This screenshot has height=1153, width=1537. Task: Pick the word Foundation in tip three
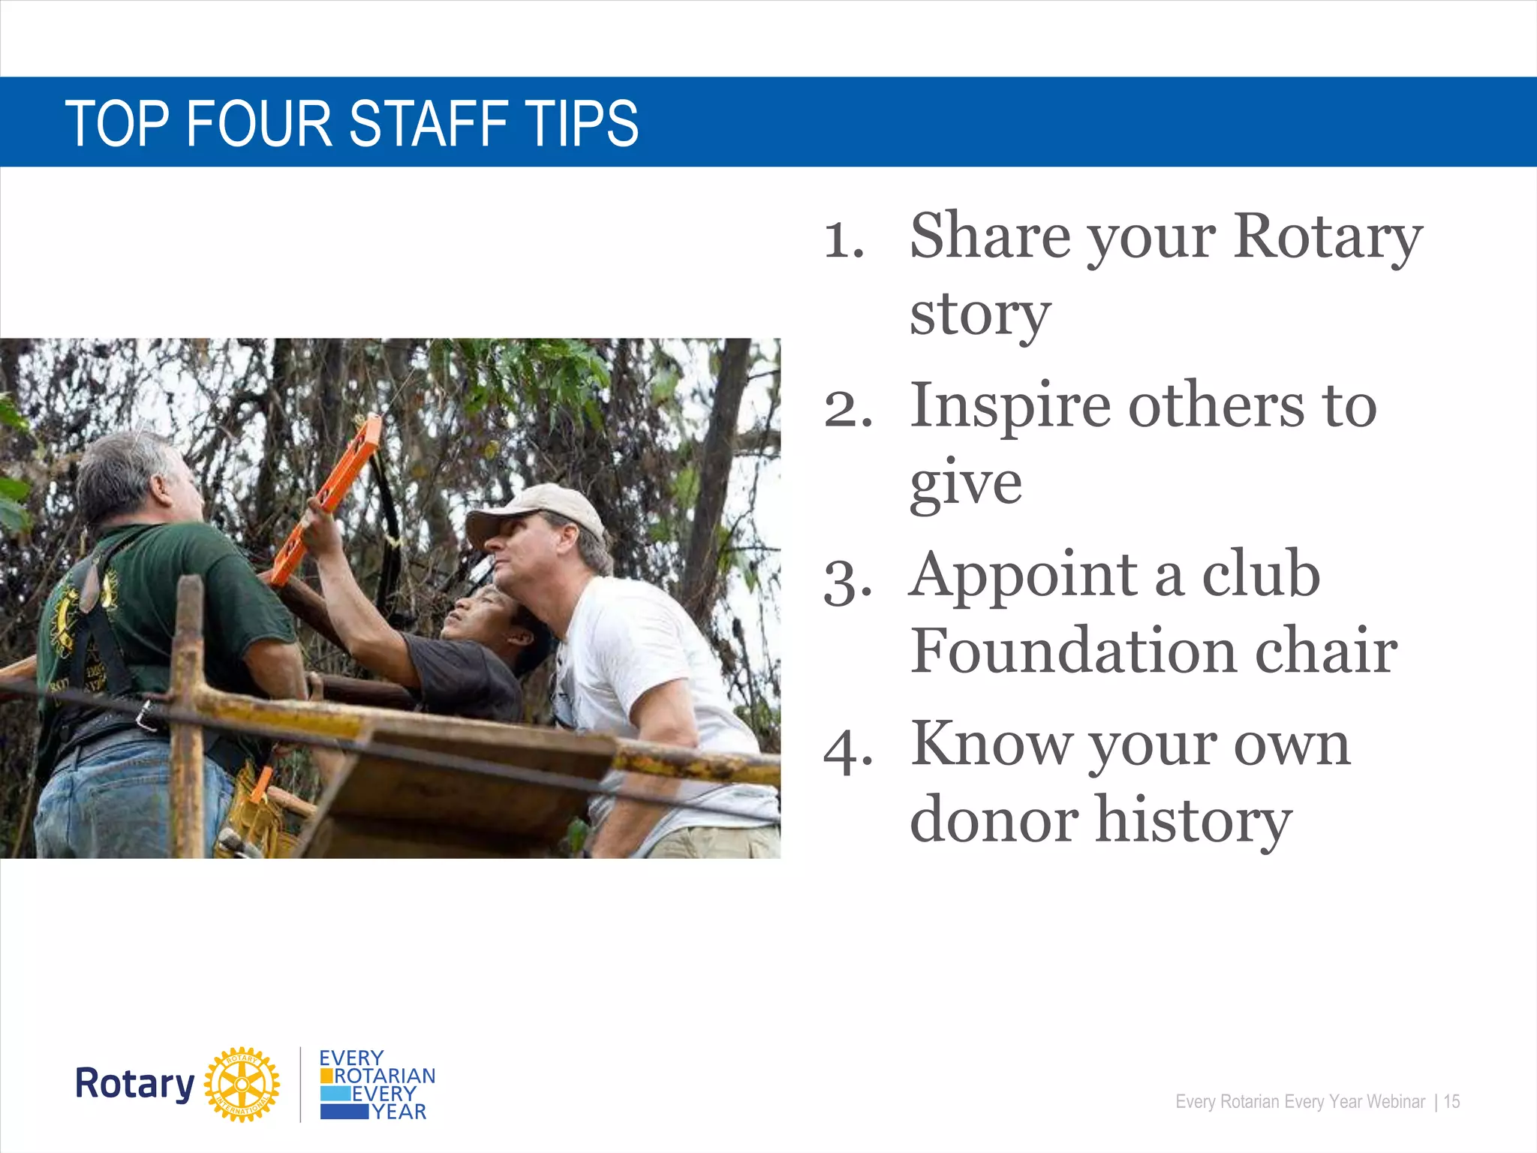[1073, 650]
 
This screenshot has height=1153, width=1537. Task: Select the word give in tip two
[965, 484]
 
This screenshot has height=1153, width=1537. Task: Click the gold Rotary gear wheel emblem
[242, 1084]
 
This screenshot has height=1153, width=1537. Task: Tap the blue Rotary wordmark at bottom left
[135, 1084]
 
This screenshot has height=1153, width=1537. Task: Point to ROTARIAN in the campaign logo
[384, 1076]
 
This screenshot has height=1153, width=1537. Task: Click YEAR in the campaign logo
[399, 1112]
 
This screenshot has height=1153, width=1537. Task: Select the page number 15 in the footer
[1451, 1101]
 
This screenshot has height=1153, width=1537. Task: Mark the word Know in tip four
[991, 745]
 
